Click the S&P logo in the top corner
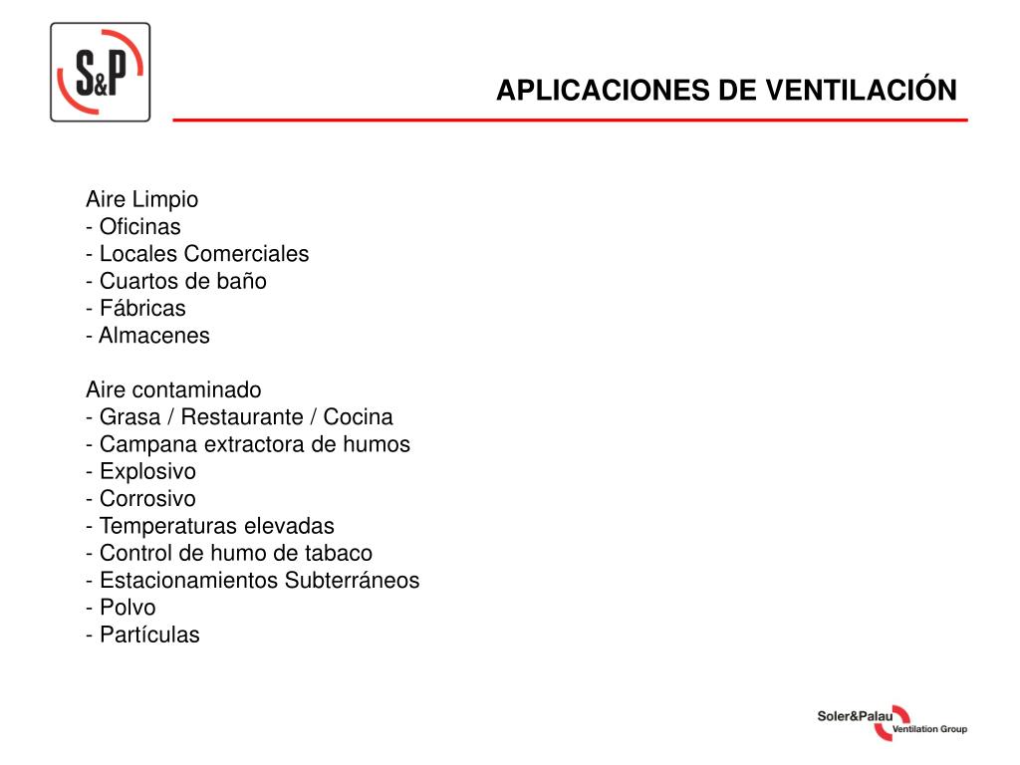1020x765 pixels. [100, 73]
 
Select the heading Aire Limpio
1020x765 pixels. [141, 199]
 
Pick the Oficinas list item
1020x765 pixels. [139, 227]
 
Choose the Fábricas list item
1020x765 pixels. [141, 308]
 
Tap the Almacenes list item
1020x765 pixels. [153, 336]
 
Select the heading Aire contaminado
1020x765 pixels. [173, 389]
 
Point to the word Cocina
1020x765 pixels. [358, 416]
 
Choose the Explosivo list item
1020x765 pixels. [147, 471]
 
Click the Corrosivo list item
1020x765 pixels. [147, 498]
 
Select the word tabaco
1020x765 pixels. [339, 553]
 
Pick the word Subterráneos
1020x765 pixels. [352, 580]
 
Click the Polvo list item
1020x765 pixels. [127, 608]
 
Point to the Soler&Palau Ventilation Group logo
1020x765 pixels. [892, 723]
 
